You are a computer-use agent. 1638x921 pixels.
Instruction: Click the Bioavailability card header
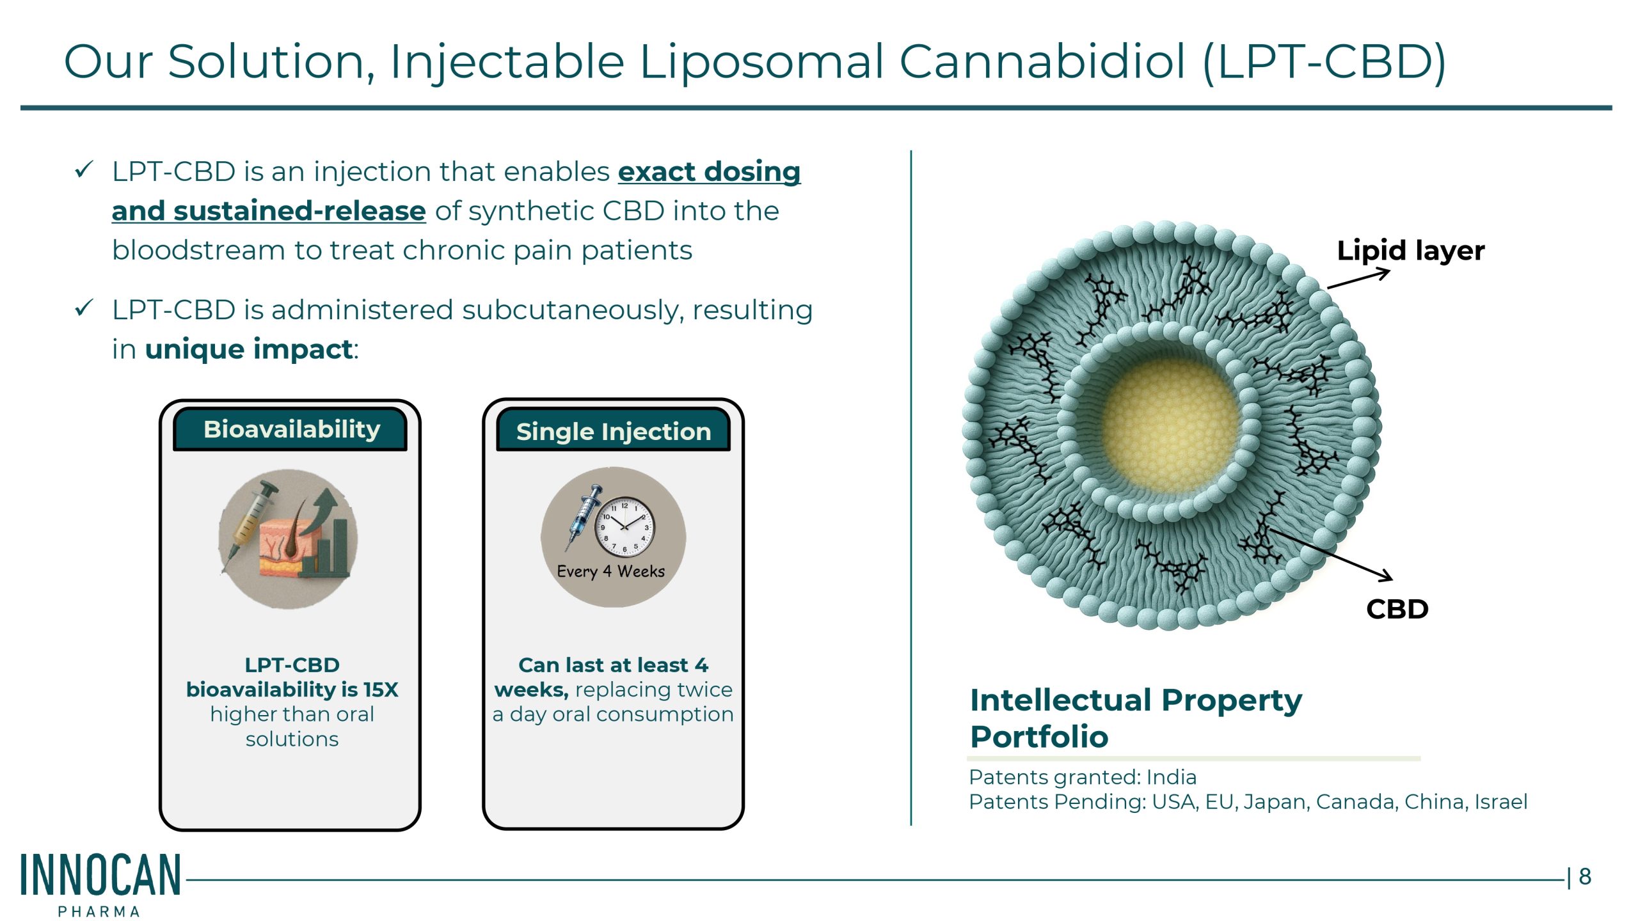coord(290,429)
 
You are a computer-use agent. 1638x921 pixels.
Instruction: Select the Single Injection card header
coord(613,430)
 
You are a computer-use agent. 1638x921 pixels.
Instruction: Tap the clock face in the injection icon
coord(624,526)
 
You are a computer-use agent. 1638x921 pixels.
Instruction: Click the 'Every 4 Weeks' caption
coord(610,571)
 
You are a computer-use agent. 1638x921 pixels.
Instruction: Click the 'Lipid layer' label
coord(1410,251)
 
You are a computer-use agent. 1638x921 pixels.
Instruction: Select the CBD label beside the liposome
coord(1397,609)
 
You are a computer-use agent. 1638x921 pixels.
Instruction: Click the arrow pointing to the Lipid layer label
coord(1358,279)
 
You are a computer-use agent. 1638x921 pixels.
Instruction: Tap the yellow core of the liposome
coord(1171,425)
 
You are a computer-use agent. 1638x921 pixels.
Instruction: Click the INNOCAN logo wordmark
coord(100,875)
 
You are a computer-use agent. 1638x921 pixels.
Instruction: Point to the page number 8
coord(1584,876)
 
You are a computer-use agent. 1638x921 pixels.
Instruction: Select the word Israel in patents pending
coord(1500,801)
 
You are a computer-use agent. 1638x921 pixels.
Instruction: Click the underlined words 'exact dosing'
coord(709,172)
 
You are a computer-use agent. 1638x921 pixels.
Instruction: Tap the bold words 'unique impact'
coord(249,349)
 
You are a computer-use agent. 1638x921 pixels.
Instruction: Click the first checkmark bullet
coord(84,170)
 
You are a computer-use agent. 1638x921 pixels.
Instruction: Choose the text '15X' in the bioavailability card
coord(381,689)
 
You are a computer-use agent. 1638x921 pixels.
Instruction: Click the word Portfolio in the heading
coord(1039,737)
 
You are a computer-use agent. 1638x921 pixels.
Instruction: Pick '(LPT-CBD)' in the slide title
coord(1324,63)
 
